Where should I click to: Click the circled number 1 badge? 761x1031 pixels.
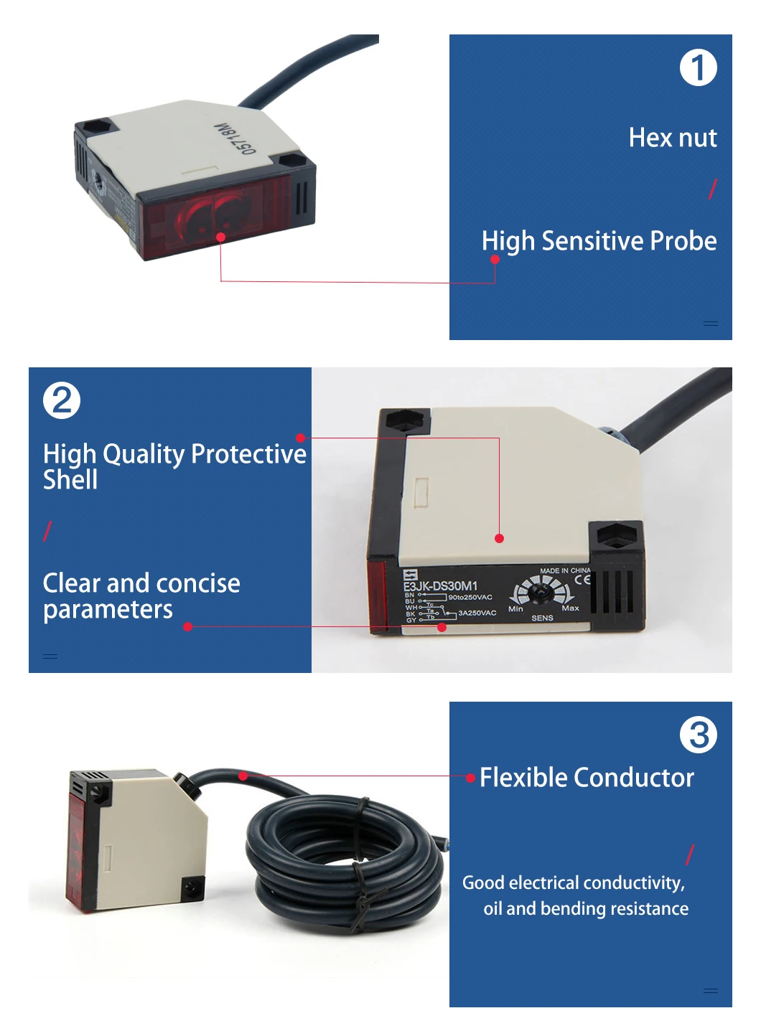[x=698, y=68]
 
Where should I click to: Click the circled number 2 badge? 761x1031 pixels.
[x=62, y=400]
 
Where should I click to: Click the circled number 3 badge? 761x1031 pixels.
[x=698, y=735]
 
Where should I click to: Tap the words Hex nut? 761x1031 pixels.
[x=672, y=138]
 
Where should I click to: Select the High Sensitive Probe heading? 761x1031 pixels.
[x=599, y=241]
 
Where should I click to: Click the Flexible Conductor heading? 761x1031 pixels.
[x=587, y=778]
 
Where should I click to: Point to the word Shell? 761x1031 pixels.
[x=70, y=480]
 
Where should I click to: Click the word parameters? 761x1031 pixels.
[x=108, y=610]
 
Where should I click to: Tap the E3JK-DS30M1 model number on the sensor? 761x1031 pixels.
[x=440, y=585]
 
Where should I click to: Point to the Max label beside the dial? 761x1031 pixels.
[x=570, y=608]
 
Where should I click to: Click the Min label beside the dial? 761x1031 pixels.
[x=515, y=609]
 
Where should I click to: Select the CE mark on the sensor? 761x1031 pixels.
[x=582, y=580]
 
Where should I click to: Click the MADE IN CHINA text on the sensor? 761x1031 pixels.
[x=565, y=570]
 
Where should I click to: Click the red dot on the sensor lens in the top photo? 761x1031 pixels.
[x=220, y=237]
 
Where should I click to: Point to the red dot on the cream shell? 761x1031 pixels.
[x=499, y=538]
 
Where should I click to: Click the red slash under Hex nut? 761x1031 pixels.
[x=712, y=189]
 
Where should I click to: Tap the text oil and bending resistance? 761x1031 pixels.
[x=586, y=909]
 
